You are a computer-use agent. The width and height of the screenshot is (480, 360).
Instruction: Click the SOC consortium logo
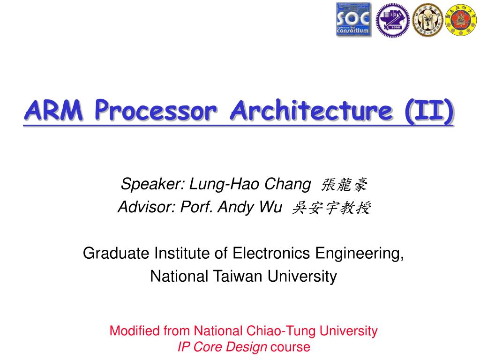coord(353,20)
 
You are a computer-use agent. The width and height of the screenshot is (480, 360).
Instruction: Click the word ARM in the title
coord(55,112)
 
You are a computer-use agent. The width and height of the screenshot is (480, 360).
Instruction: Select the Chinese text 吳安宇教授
coord(331,208)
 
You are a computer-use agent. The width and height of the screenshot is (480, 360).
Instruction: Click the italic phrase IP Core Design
coord(222,347)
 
